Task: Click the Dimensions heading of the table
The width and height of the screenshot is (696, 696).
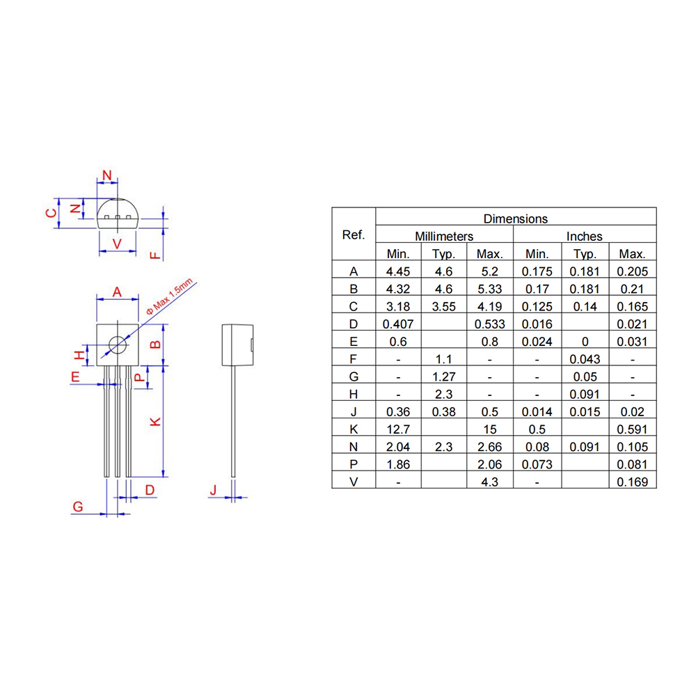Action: coord(516,219)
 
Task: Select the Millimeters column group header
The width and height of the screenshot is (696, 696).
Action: coord(444,237)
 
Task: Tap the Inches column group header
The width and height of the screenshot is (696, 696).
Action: coord(584,237)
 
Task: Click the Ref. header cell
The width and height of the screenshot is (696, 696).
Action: coord(354,235)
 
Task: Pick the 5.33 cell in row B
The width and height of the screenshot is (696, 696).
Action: coord(490,289)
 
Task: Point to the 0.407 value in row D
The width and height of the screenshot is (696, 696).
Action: coord(399,324)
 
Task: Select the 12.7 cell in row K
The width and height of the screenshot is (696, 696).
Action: coord(399,429)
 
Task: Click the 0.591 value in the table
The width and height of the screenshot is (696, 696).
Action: coord(632,429)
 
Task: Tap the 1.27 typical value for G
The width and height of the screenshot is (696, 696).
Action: coord(444,377)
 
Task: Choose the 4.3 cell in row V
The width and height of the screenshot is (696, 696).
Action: coord(490,482)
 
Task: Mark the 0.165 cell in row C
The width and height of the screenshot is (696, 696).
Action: coord(632,306)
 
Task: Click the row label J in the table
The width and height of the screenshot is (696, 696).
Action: coord(354,412)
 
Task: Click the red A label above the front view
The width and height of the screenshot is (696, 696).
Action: coord(117,292)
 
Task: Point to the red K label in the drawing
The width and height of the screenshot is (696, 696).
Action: coord(156,421)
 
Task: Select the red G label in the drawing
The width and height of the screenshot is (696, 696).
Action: coord(78,507)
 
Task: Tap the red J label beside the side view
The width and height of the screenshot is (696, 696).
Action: coord(214,491)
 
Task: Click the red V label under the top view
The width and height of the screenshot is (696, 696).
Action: coord(117,243)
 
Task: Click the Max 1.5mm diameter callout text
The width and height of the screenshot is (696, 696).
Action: coord(171,298)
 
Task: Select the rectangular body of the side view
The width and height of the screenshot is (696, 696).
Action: coord(236,345)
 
